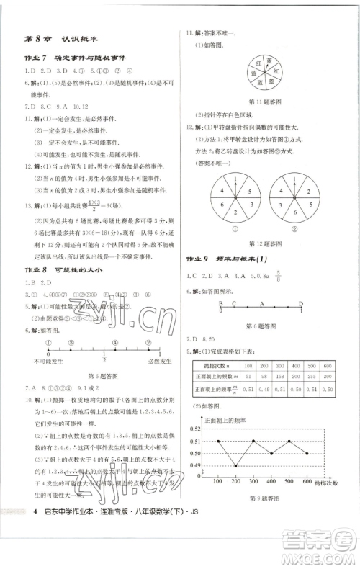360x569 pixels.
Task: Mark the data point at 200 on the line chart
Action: [x=237, y=466]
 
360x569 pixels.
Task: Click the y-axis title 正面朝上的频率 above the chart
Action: [x=227, y=420]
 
